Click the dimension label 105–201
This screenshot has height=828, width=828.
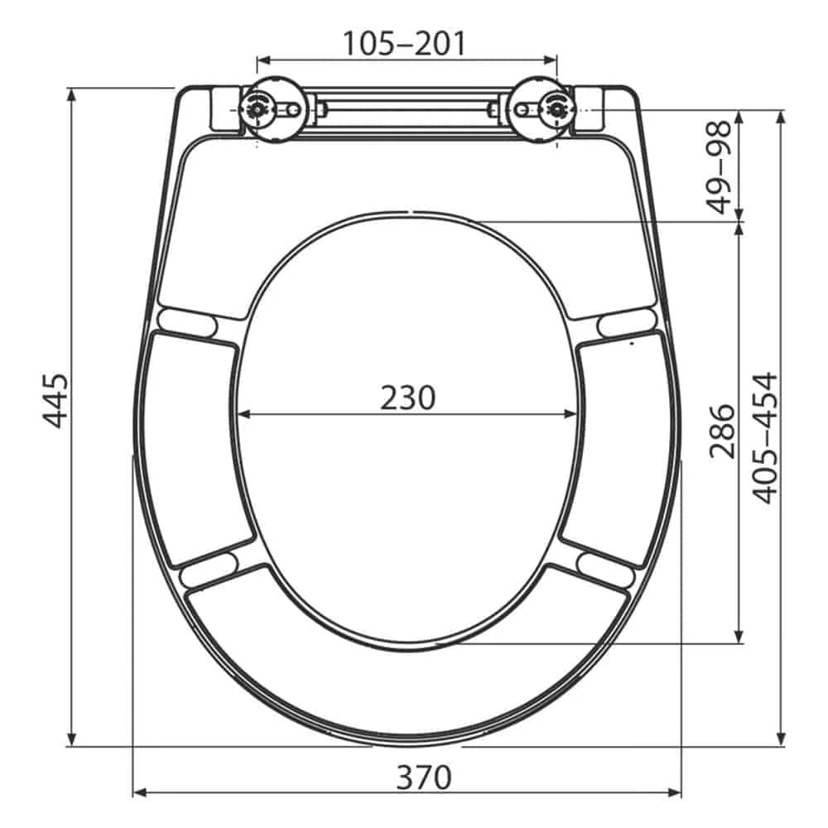406,42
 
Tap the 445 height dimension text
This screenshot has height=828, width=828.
55,401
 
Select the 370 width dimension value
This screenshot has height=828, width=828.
423,777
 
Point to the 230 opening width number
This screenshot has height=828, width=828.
407,398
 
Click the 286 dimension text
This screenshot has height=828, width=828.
722,431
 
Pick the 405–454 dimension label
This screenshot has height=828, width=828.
766,438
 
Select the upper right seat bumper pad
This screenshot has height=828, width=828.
626,321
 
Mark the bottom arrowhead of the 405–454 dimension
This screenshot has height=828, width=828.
780,739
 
